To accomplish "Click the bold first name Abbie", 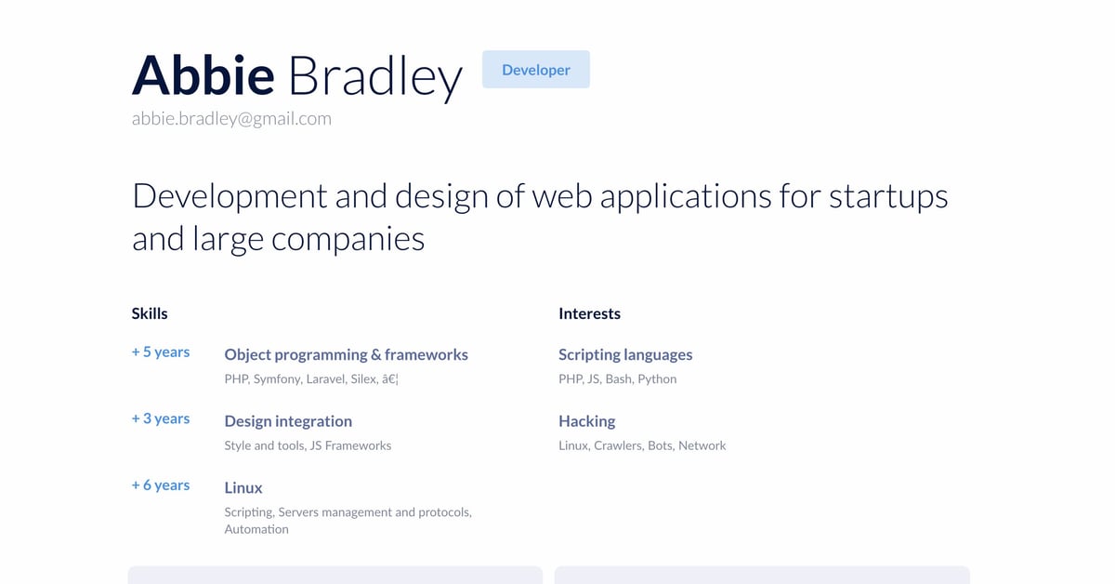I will click(x=203, y=74).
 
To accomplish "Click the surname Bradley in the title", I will click(x=374, y=76).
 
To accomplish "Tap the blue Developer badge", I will click(x=535, y=70).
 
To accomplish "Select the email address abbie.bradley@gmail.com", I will click(x=231, y=119).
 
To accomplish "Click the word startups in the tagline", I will click(x=888, y=196).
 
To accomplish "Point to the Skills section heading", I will click(x=150, y=313).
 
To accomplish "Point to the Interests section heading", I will click(x=589, y=313).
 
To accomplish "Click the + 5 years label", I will click(x=161, y=352).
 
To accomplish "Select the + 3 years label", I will click(x=161, y=418).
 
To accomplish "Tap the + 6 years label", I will click(x=161, y=485).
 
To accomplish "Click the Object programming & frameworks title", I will click(x=346, y=354).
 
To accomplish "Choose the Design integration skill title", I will click(x=288, y=421).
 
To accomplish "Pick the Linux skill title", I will click(x=243, y=487).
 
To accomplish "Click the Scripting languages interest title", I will click(x=625, y=354).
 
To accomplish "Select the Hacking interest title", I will click(x=586, y=421).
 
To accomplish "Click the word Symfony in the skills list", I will click(x=277, y=379).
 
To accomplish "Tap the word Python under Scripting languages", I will click(x=657, y=379).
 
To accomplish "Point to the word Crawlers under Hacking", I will click(x=618, y=445).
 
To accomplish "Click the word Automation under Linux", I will click(x=256, y=529).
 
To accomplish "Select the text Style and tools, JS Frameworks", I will click(x=308, y=445).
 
